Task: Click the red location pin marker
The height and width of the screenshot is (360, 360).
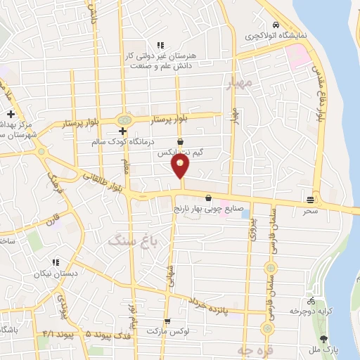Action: pyautogui.click(x=181, y=166)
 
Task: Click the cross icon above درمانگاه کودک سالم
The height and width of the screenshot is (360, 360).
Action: pyautogui.click(x=122, y=131)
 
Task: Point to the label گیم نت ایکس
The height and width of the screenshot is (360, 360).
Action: pyautogui.click(x=181, y=152)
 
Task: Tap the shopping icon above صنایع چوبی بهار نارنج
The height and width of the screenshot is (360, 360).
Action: pyautogui.click(x=209, y=198)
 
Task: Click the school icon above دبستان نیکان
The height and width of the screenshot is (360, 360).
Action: pyautogui.click(x=54, y=262)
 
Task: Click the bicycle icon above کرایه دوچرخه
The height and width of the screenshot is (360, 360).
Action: pyautogui.click(x=311, y=300)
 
